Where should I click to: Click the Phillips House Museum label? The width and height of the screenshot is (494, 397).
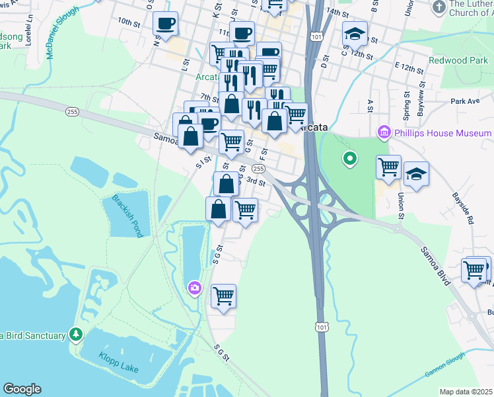pyautogui.click(x=442, y=133)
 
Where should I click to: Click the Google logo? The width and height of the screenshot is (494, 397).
pyautogui.click(x=22, y=389)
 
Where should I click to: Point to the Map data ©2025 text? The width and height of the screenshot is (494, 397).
pyautogui.click(x=466, y=392)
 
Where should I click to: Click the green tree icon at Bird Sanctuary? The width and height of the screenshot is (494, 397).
pyautogui.click(x=77, y=335)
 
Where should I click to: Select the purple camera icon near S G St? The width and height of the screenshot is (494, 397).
pyautogui.click(x=194, y=287)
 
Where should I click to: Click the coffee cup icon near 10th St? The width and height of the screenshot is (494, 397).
pyautogui.click(x=165, y=24)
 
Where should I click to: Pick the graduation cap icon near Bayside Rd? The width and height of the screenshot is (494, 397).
pyautogui.click(x=416, y=175)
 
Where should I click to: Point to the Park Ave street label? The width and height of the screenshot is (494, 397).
pyautogui.click(x=465, y=102)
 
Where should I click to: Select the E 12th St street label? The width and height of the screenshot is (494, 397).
pyautogui.click(x=409, y=68)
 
